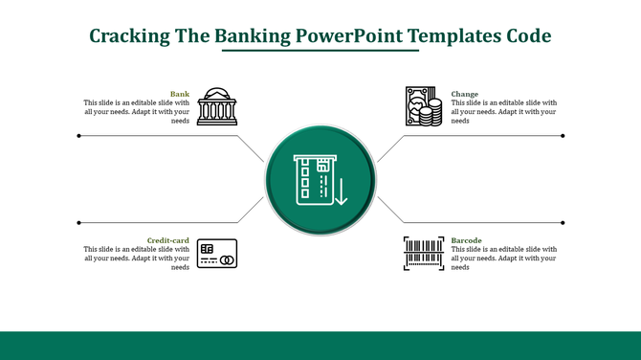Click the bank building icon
tap(216, 107)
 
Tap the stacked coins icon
tap(424, 106)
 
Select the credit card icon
tap(217, 254)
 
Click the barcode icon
tap(424, 254)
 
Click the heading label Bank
tap(180, 94)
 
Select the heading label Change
tap(465, 94)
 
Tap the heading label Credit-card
tap(168, 240)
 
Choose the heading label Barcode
tap(467, 240)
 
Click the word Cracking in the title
tap(129, 36)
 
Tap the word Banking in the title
tap(253, 36)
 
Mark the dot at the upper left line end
tap(78, 136)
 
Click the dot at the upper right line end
tap(563, 136)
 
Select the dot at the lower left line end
tap(78, 222)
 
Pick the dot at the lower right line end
tap(563, 222)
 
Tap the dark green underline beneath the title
tap(320, 52)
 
